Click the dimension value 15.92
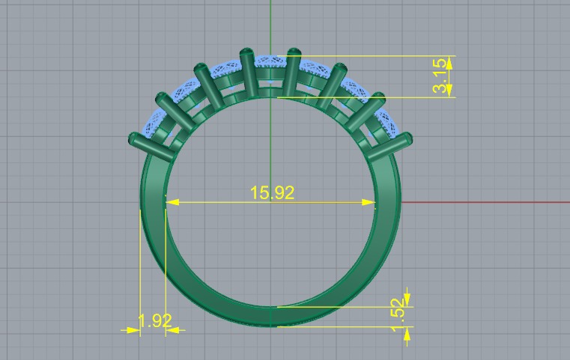click(273, 192)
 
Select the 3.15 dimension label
click(442, 76)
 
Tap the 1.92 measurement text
click(155, 321)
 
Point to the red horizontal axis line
click(487, 202)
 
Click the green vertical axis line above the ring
click(270, 22)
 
